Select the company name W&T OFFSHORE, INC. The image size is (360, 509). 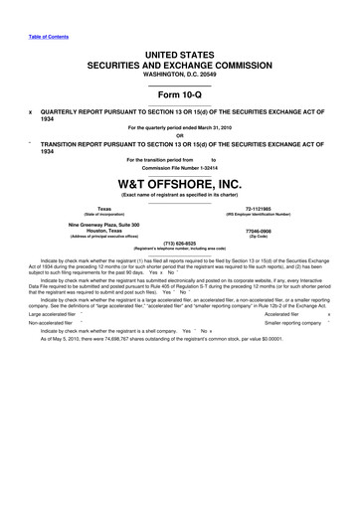tap(180, 183)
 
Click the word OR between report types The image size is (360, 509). tap(180, 136)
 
